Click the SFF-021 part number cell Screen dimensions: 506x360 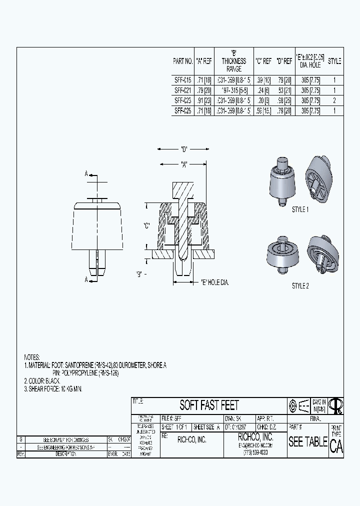click(182, 90)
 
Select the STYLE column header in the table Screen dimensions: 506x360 click(334, 61)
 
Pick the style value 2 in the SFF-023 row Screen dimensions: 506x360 click(334, 100)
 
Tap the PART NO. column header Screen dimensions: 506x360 click(182, 61)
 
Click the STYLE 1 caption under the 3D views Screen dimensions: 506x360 click(300, 209)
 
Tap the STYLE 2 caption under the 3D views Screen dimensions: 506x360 click(300, 285)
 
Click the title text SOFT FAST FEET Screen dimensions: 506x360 click(209, 405)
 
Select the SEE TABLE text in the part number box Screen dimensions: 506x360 click(307, 442)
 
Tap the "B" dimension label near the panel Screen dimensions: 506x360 click(140, 273)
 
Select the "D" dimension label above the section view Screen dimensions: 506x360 click(183, 148)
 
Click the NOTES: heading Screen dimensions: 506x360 click(32, 357)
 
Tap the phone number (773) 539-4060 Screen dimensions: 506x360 click(255, 452)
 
